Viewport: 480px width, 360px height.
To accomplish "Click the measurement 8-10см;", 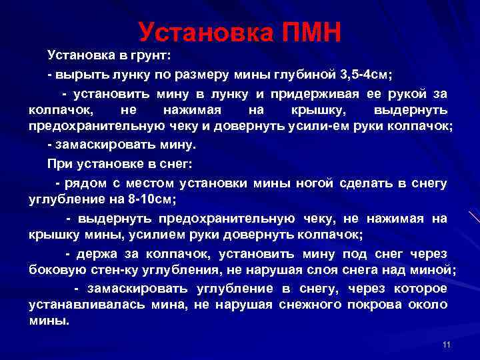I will tap(151, 199).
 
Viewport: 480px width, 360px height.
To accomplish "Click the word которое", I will tap(419, 288).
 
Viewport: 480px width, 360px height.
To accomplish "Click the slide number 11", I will tap(446, 344).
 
